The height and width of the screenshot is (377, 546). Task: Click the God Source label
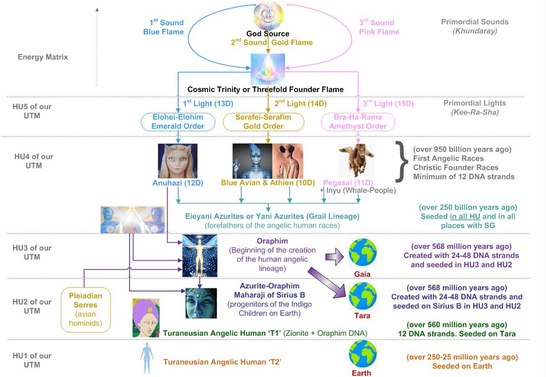pyautogui.click(x=268, y=34)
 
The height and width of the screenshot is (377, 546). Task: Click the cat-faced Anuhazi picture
pyautogui.click(x=178, y=161)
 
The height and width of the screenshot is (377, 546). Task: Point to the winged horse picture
pyautogui.click(x=356, y=160)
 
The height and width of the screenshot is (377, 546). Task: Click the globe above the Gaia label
pyautogui.click(x=363, y=252)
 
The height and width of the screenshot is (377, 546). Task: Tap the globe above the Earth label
pyautogui.click(x=363, y=354)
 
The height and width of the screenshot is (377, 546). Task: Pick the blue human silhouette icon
pyautogui.click(x=147, y=358)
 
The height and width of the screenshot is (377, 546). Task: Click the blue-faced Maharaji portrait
pyautogui.click(x=201, y=303)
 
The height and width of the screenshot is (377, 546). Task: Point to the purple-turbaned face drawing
pyautogui.click(x=146, y=318)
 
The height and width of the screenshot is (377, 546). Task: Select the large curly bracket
pyautogui.click(x=402, y=162)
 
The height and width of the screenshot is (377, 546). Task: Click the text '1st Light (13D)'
pyautogui.click(x=208, y=103)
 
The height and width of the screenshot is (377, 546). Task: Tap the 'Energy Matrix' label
pyautogui.click(x=43, y=57)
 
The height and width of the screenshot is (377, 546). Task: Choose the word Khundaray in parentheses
pyautogui.click(x=475, y=31)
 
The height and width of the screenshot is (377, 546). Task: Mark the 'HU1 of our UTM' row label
pyautogui.click(x=32, y=360)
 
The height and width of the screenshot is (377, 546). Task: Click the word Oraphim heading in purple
pyautogui.click(x=272, y=241)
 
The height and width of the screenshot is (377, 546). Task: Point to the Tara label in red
pyautogui.click(x=362, y=316)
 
